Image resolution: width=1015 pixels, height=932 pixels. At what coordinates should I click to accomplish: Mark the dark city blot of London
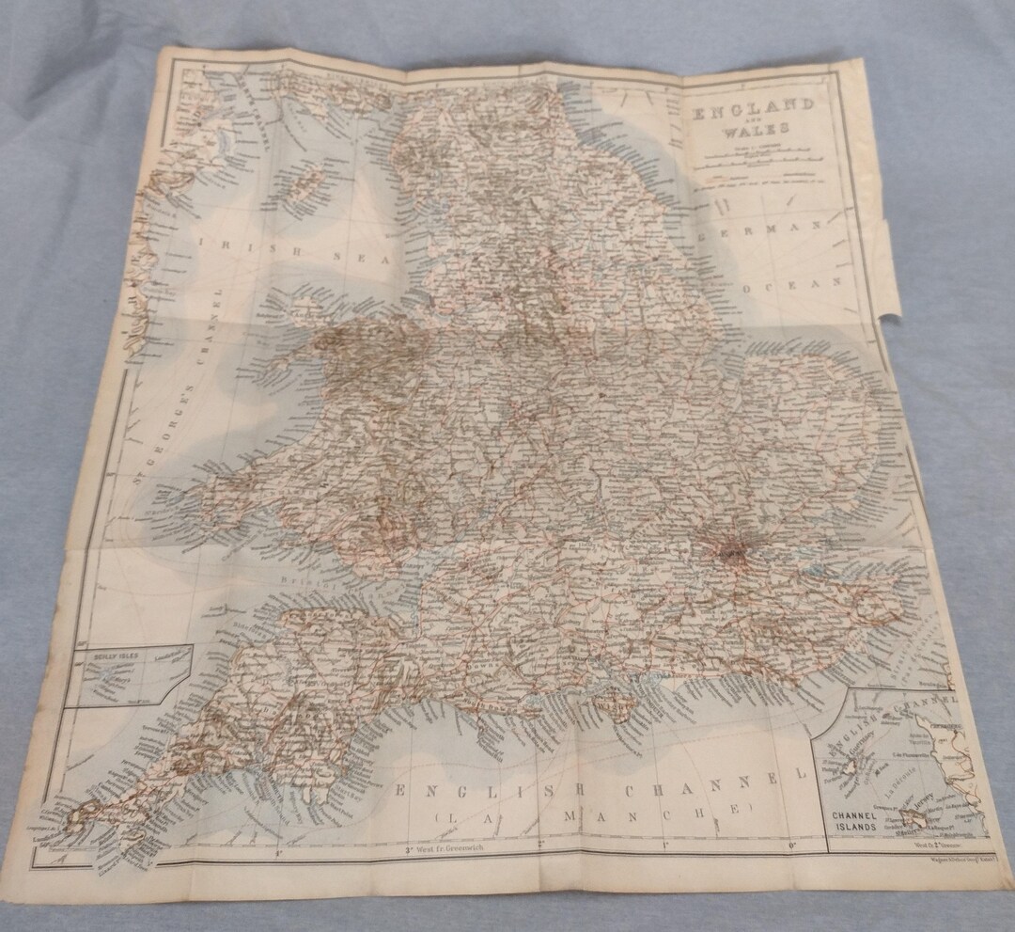[731, 550]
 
